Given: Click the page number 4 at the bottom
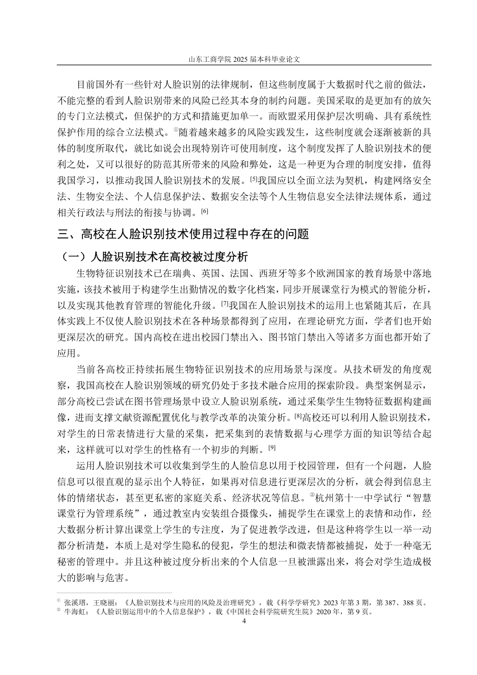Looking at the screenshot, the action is click(x=244, y=621).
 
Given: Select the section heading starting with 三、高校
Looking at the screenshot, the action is click(x=183, y=234).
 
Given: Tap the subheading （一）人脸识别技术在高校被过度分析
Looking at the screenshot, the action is click(x=153, y=257).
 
